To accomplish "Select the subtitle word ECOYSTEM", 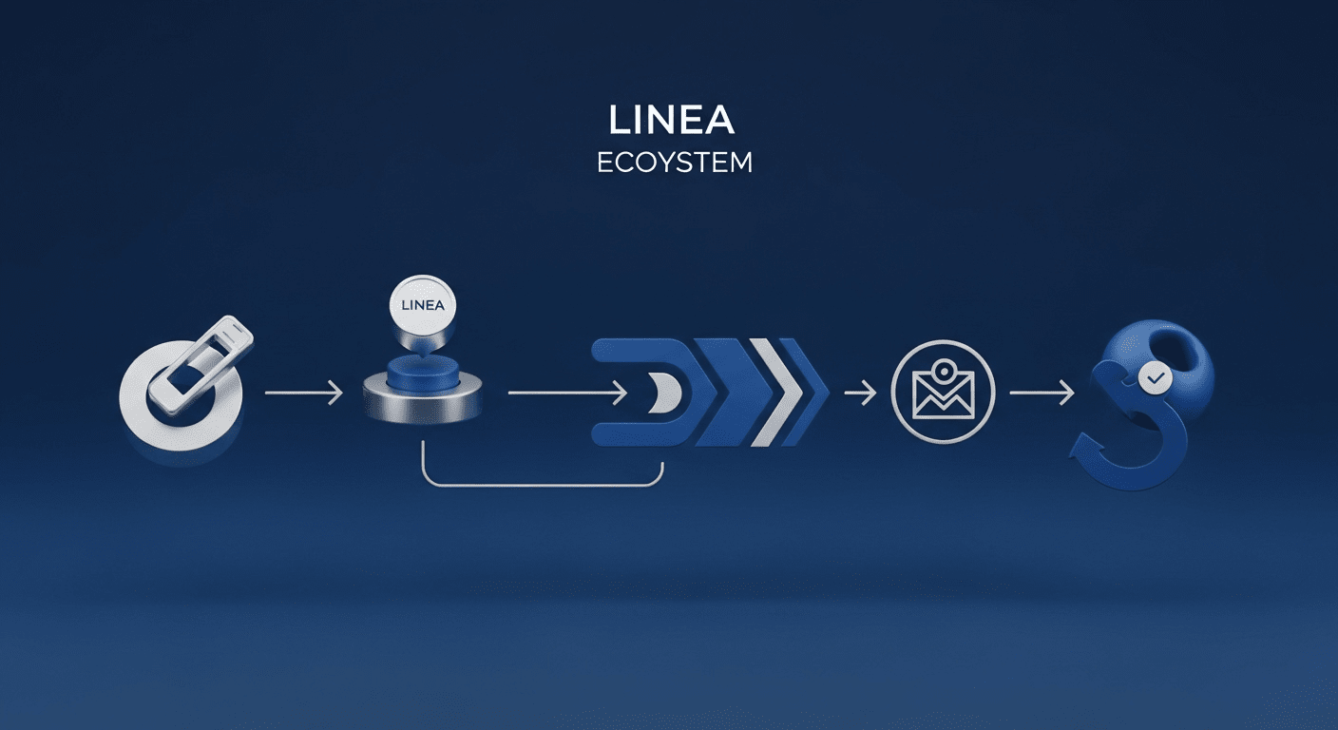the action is [674, 163].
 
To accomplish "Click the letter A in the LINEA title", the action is [720, 122].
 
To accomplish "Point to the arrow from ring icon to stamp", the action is [303, 392].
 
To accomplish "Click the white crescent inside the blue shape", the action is [662, 392].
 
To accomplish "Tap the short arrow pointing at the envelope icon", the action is [860, 392].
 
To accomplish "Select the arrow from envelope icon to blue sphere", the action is [1042, 392].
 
